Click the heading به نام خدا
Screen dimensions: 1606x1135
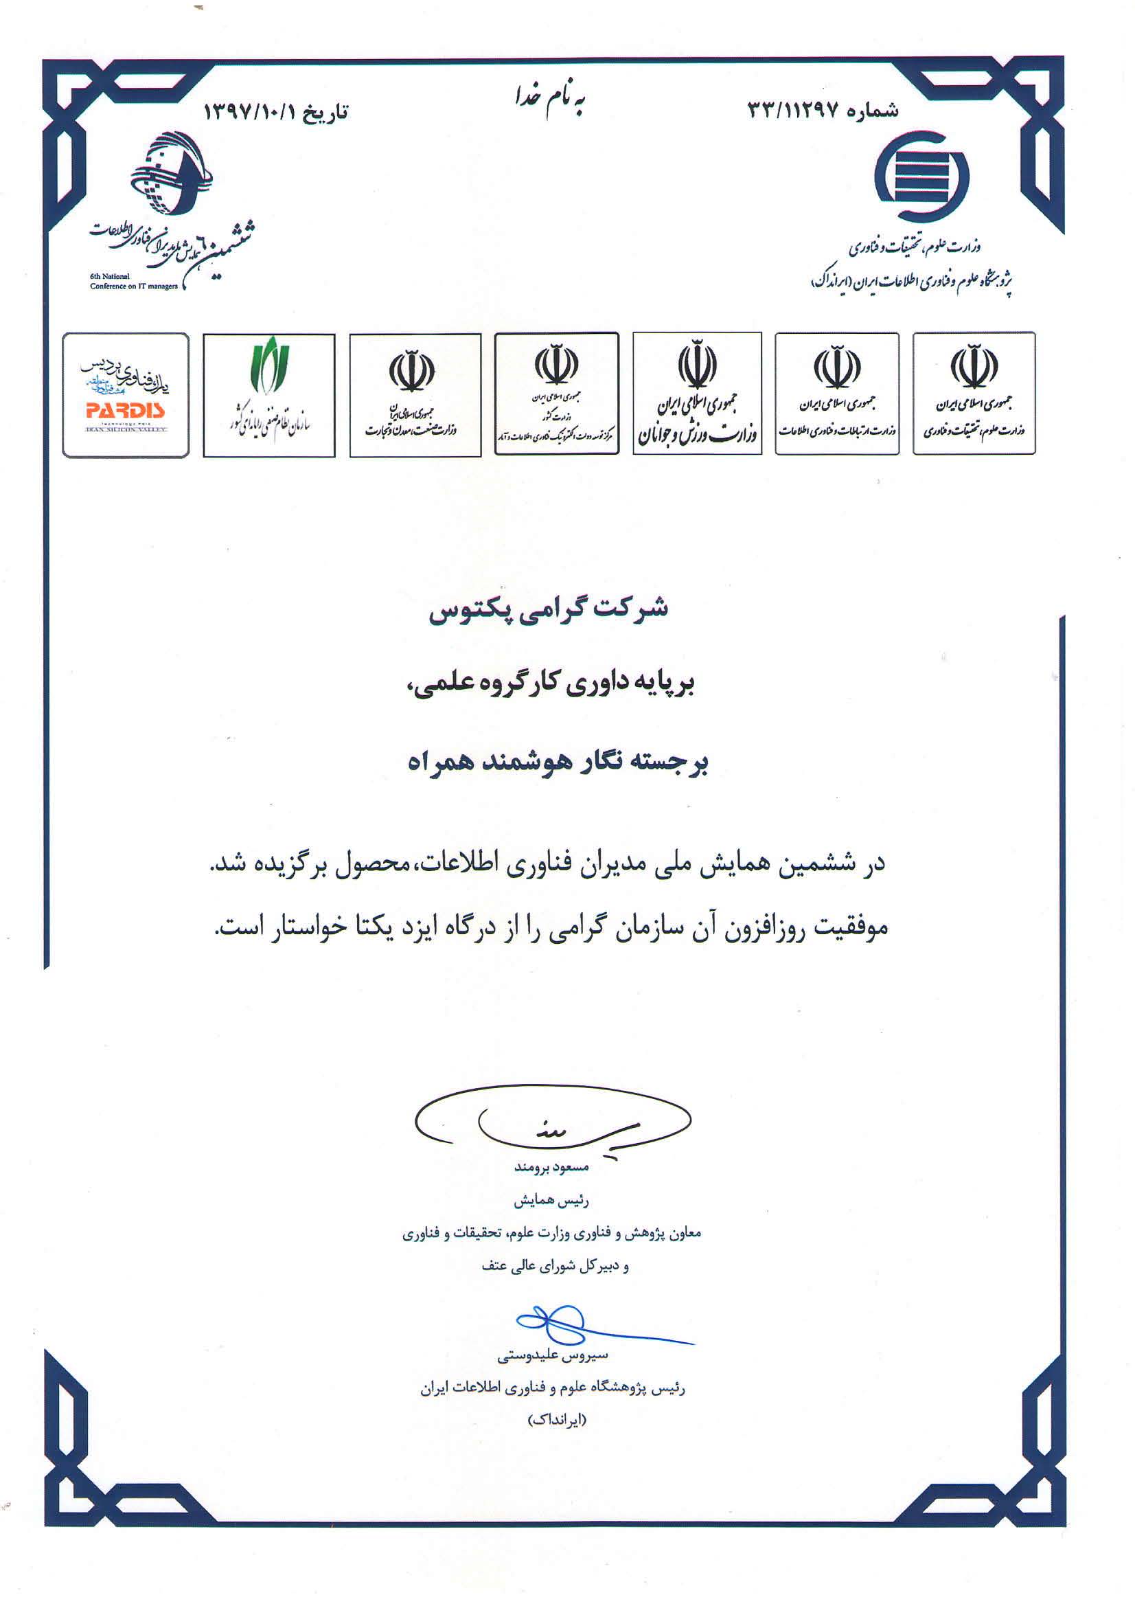coord(550,100)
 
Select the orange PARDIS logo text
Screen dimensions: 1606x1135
coord(125,410)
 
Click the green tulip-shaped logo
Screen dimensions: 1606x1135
coord(269,365)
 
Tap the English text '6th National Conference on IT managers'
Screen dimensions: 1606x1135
coord(134,281)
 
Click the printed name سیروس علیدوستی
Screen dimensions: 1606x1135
coord(553,1355)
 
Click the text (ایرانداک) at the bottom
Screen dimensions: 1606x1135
coord(557,1420)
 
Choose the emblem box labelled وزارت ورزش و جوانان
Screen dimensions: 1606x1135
coord(696,394)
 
